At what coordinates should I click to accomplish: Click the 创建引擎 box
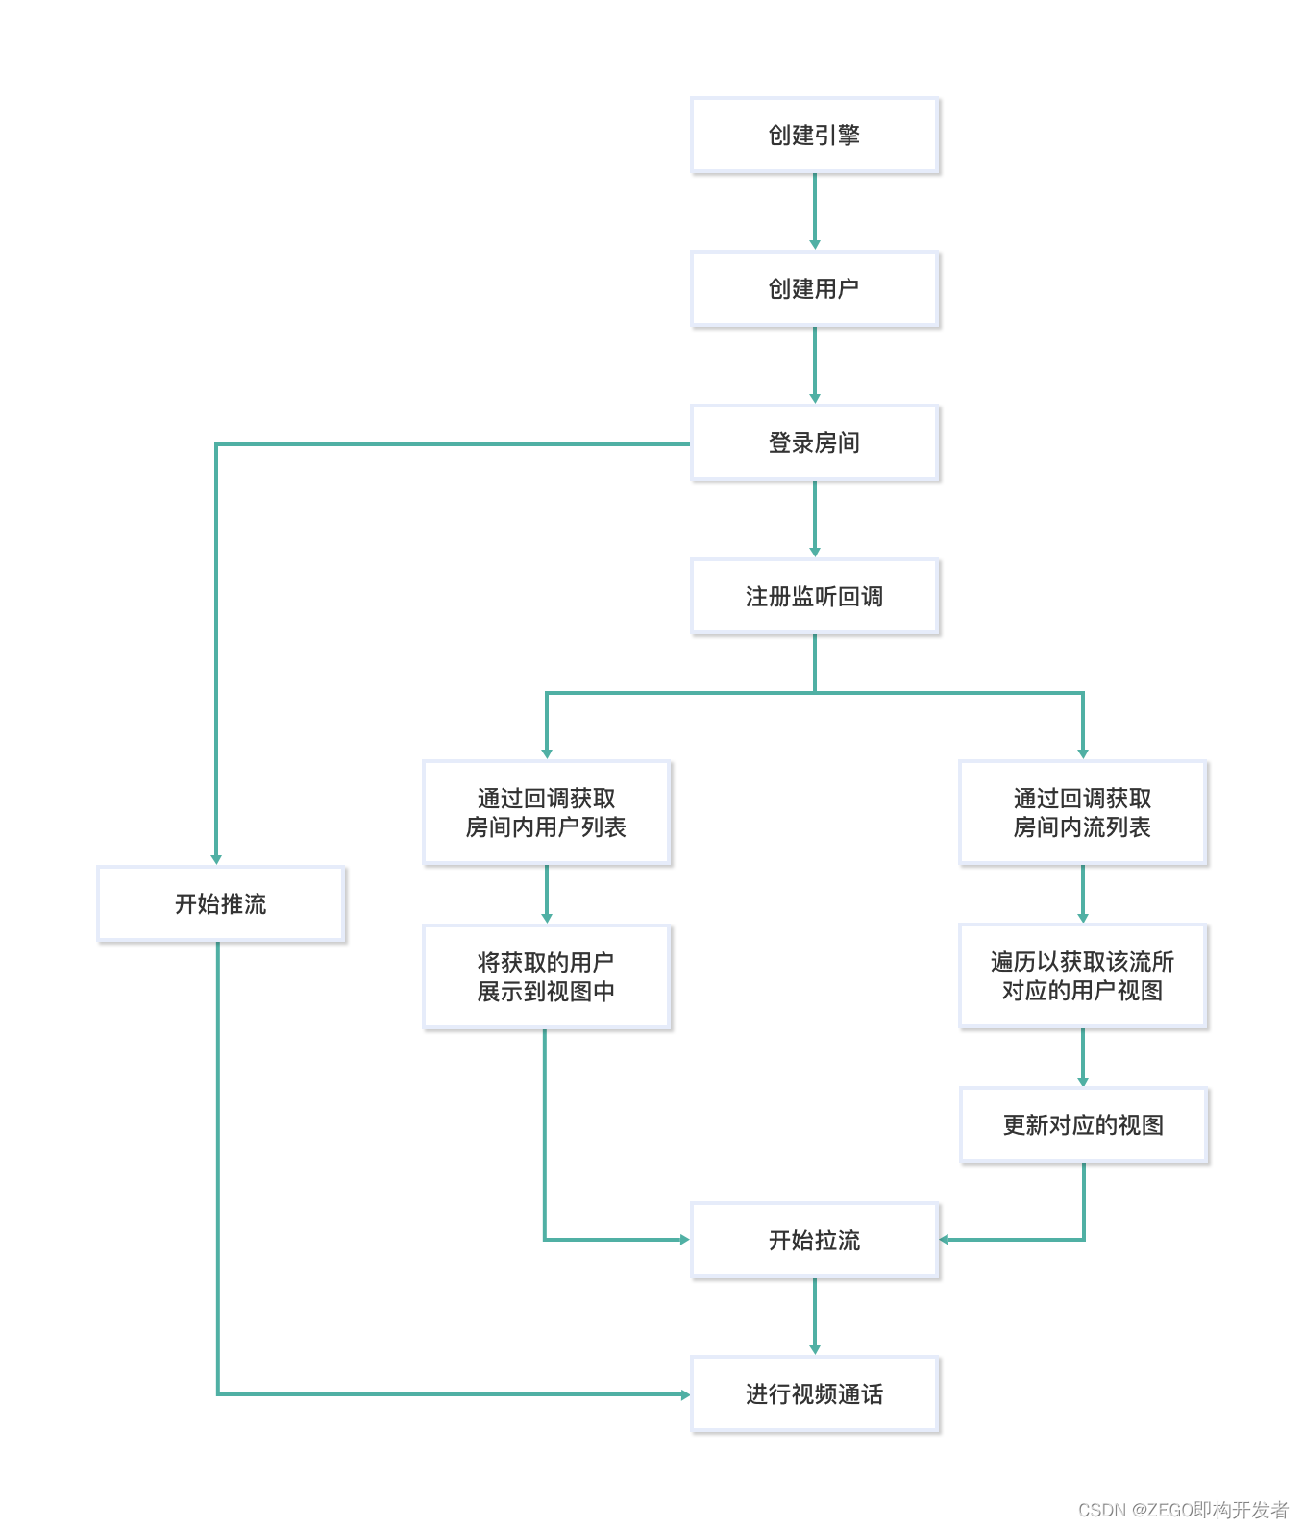[x=814, y=136]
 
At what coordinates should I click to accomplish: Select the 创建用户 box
[x=814, y=289]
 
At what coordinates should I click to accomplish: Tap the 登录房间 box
[x=814, y=443]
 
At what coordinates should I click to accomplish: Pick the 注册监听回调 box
[x=814, y=597]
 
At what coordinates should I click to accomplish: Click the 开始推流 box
[x=221, y=904]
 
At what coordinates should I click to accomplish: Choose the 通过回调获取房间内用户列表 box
[x=546, y=813]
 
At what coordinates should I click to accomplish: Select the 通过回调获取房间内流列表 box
[x=1082, y=813]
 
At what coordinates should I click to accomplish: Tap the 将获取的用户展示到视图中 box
[x=546, y=976]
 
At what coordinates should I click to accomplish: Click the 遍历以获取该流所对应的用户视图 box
[x=1082, y=976]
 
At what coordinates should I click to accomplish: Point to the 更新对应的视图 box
[x=1083, y=1125]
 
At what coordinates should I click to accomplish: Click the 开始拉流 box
[x=814, y=1241]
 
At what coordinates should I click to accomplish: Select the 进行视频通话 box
[x=814, y=1394]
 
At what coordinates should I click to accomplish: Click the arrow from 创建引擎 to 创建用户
[x=815, y=211]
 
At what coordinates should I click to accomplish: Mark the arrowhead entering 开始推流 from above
[x=216, y=859]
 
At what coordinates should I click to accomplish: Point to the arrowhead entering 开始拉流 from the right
[x=945, y=1240]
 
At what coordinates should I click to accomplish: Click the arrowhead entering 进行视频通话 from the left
[x=685, y=1394]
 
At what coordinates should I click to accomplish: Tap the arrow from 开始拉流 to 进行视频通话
[x=815, y=1317]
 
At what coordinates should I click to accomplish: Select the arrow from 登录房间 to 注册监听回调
[x=815, y=519]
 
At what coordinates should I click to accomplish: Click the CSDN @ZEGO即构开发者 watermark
[x=1183, y=1510]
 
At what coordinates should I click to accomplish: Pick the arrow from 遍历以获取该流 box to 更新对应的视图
[x=1083, y=1057]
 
